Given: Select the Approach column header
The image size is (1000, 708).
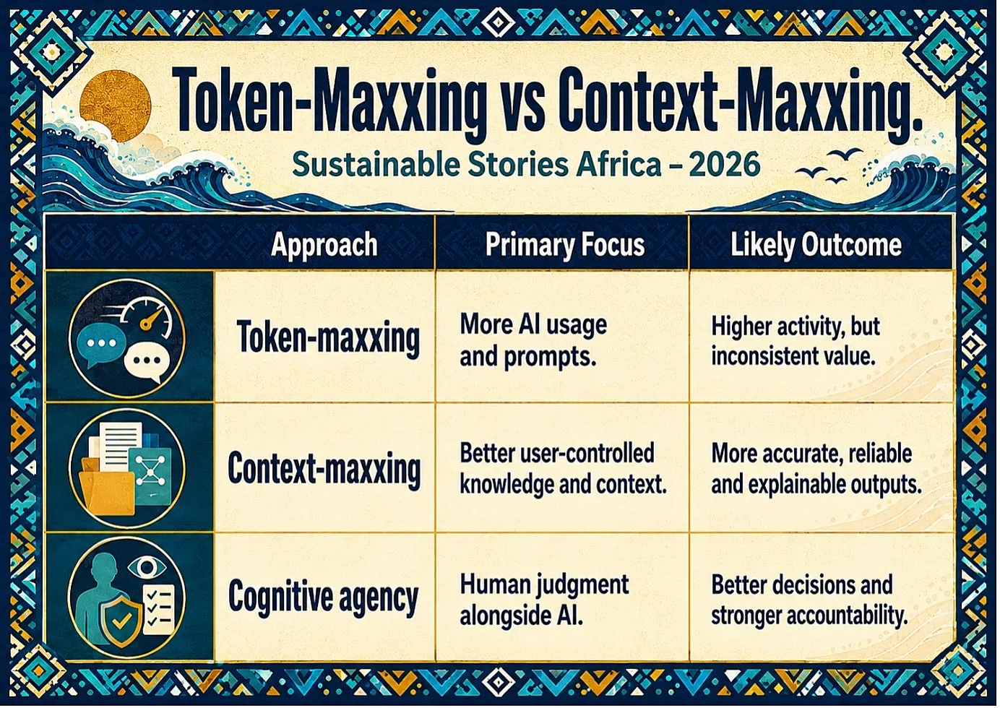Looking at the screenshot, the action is point(324,244).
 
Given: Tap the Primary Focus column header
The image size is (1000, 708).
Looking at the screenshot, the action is point(565,244).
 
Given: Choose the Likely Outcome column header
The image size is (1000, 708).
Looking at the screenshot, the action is point(816,244).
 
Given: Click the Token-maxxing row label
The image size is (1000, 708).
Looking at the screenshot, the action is point(328,337).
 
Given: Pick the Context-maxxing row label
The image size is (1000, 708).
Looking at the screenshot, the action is point(324,467).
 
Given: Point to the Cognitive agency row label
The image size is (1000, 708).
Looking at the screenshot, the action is point(323,597).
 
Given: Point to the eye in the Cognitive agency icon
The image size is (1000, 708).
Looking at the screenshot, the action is point(147,568).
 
